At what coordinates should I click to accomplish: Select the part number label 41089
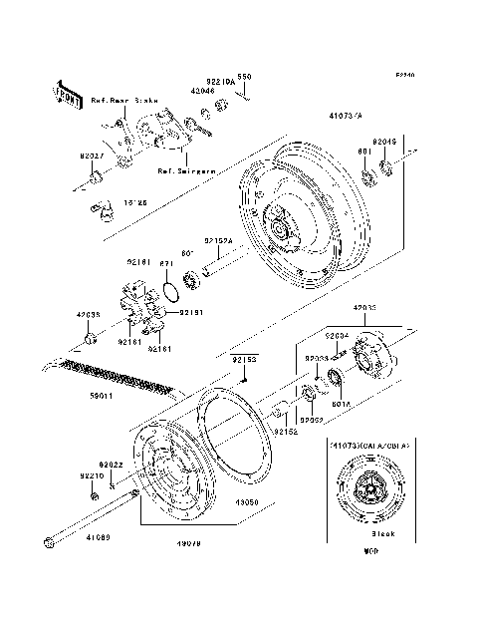pyautogui.click(x=97, y=538)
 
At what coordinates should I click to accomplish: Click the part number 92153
pyautogui.click(x=245, y=358)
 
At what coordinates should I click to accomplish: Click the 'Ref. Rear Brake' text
pyautogui.click(x=123, y=101)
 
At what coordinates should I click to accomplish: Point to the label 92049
pyautogui.click(x=385, y=143)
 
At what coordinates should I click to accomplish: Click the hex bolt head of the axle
pyautogui.click(x=49, y=542)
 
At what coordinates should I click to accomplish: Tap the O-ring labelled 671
pyautogui.click(x=171, y=291)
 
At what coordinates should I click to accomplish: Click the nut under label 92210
pyautogui.click(x=94, y=495)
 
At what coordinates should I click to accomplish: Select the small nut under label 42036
pyautogui.click(x=90, y=340)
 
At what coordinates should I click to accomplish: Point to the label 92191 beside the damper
pyautogui.click(x=189, y=313)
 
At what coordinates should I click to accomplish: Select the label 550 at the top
pyautogui.click(x=244, y=77)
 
